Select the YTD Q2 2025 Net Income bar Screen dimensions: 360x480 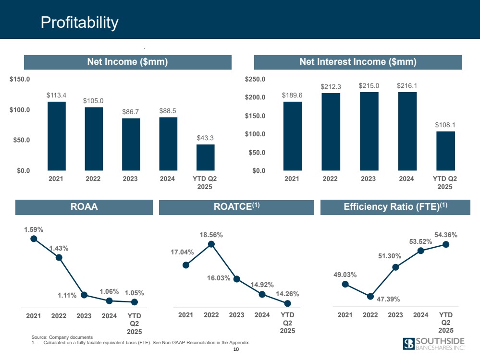tap(205, 157)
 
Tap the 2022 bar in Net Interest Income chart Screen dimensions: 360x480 tap(331, 132)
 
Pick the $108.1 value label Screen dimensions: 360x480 tap(445, 125)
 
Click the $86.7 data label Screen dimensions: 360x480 tap(130, 111)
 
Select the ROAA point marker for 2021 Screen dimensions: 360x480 tap(34, 238)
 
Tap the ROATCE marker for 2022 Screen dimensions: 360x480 tap(211, 244)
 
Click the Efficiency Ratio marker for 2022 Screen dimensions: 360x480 tap(370, 296)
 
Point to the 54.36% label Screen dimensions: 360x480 tap(446, 235)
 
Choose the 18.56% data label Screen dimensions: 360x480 tap(211, 235)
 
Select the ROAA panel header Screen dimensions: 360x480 tap(85, 207)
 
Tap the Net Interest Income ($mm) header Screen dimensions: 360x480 tap(357, 62)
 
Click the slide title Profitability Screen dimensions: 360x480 tap(79, 22)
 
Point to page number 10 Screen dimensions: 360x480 tap(235, 350)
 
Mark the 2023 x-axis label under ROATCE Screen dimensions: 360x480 tap(236, 315)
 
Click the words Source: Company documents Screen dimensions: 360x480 tap(62, 338)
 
